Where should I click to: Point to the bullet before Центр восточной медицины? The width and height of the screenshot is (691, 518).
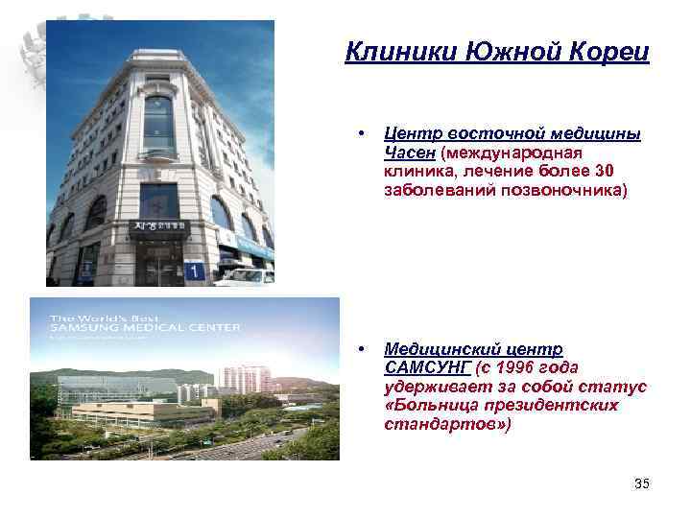[358, 132]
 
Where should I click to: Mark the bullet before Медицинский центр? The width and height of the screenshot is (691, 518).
[358, 348]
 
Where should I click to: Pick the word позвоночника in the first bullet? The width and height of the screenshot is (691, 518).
[570, 190]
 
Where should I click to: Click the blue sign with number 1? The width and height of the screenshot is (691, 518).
[196, 271]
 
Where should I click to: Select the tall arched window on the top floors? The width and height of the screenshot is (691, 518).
[159, 124]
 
